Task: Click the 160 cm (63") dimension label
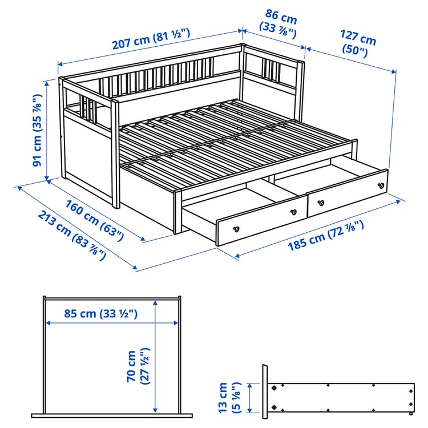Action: pos(94,219)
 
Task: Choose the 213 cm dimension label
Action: pos(71,235)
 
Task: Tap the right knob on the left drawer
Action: pos(294,211)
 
